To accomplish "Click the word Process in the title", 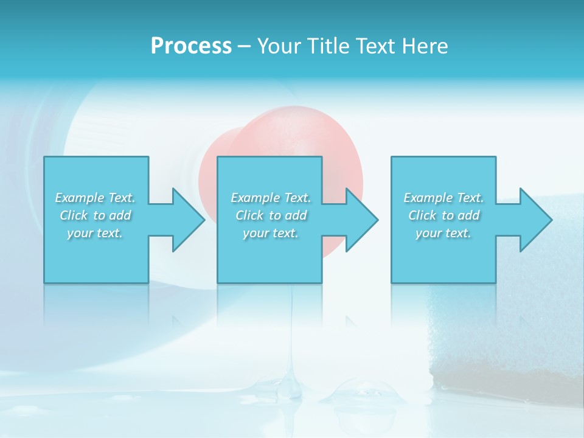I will coord(191,46).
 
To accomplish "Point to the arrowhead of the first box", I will coord(189,220).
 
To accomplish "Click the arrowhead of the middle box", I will coord(362,220).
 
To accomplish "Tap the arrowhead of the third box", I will coord(536,220).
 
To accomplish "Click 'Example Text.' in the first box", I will coord(95,198).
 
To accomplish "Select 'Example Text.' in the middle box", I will coord(271,198).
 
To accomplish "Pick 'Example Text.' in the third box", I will coord(443,198).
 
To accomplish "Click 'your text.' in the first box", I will coord(95,233).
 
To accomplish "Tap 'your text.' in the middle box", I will coord(271,233).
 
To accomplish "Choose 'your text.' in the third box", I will coord(443,233).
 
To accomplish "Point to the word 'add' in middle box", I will coord(295,215).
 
